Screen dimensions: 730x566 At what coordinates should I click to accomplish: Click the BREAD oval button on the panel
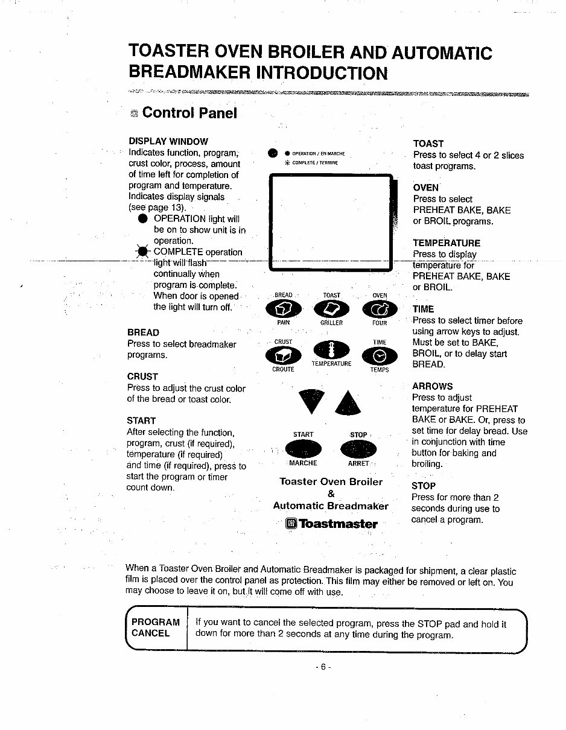coord(283,309)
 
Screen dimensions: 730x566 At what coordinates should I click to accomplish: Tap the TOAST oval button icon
coord(332,309)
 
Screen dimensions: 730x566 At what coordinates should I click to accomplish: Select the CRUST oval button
coord(283,357)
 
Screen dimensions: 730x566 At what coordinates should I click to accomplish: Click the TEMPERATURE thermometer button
coord(331,351)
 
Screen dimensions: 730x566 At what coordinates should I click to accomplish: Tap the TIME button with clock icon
coord(380,357)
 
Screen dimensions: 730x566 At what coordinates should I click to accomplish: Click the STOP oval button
coord(358,449)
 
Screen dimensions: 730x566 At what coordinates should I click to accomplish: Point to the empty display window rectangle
coord(331,221)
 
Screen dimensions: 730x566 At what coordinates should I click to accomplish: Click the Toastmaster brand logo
coord(332,524)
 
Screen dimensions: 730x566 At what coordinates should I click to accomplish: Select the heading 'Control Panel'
coord(189,113)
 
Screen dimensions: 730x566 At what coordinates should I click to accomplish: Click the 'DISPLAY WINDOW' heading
coord(168,142)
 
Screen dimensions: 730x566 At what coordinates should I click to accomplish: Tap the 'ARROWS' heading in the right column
coord(432,386)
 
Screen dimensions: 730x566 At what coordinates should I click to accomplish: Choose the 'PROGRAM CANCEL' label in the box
coord(155,627)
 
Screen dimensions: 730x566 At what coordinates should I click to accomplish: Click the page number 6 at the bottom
coord(323,667)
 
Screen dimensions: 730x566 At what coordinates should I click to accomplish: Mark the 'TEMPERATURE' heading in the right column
coord(447,243)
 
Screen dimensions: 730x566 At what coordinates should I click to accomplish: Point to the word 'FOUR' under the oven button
coord(380,323)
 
